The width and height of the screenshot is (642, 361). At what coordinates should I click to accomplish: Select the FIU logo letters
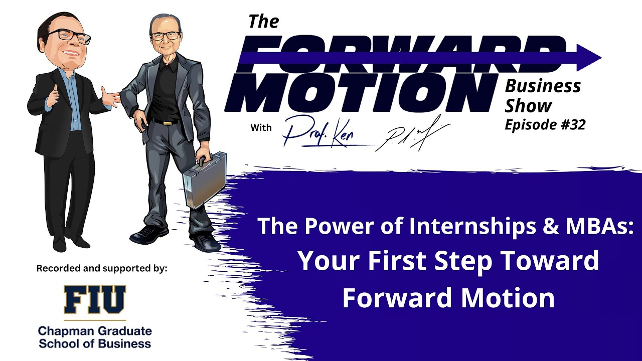95,299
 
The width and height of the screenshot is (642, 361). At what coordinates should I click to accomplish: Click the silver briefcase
204,180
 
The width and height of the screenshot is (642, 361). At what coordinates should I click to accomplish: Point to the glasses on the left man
74,36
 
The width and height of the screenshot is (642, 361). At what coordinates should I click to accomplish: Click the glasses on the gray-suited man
165,36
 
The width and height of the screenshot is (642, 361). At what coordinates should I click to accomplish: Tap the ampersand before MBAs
552,227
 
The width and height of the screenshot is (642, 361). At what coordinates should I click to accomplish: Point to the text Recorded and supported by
101,268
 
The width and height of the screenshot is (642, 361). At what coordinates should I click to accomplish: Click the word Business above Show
543,86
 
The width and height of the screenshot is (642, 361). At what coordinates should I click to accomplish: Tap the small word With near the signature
261,127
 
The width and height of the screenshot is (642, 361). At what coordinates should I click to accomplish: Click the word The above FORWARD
264,22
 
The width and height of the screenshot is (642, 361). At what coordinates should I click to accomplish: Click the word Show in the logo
528,106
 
